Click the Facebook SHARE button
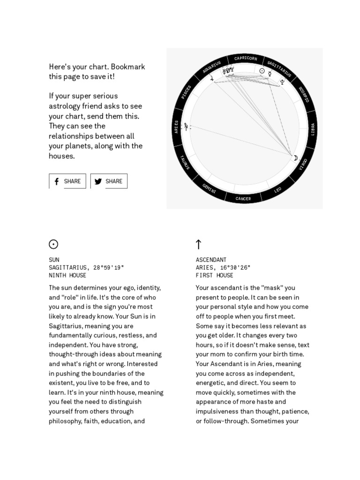(67, 181)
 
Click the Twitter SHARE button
(109, 181)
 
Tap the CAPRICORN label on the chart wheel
(246, 58)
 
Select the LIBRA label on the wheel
(313, 129)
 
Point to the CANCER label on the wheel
(243, 199)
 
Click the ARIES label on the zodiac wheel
(176, 127)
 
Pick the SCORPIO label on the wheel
(304, 94)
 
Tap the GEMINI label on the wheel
(210, 188)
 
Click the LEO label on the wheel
(277, 190)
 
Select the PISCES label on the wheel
(186, 92)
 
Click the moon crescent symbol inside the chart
(296, 158)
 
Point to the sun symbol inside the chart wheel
(262, 71)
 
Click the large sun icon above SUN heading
(53, 244)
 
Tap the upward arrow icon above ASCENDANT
(198, 244)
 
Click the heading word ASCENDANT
(211, 260)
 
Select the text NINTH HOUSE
(67, 276)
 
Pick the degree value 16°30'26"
(235, 268)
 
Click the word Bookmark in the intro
(128, 67)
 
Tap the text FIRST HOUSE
(215, 276)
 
